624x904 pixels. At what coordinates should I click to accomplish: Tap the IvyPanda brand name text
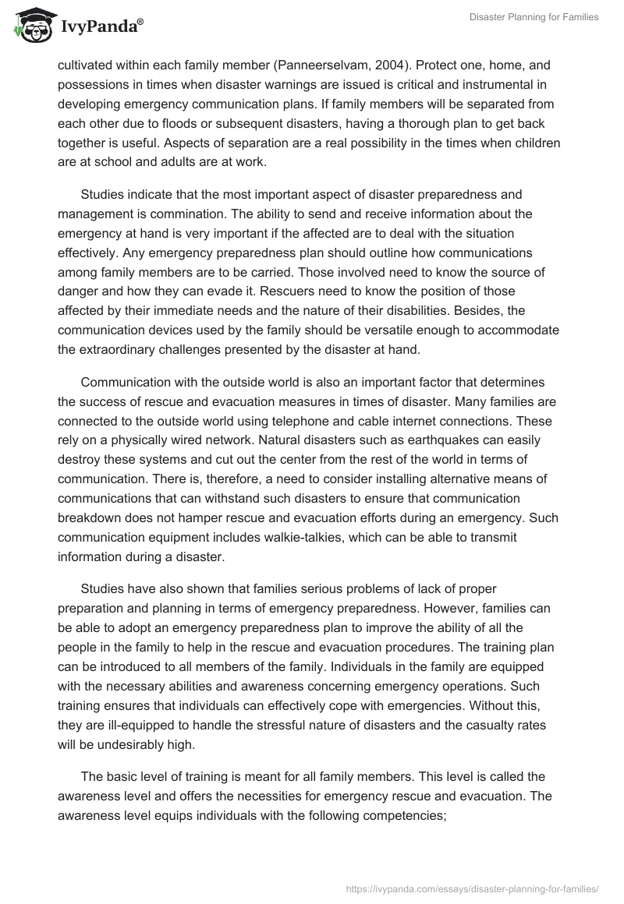98,28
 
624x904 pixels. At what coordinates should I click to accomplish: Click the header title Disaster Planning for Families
534,17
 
